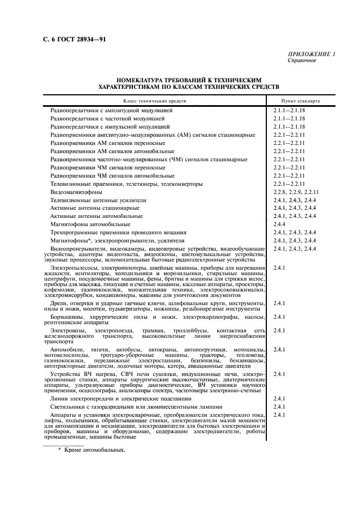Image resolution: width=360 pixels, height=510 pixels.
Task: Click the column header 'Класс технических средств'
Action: click(155, 101)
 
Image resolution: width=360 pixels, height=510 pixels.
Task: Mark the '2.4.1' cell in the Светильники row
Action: click(280, 406)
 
